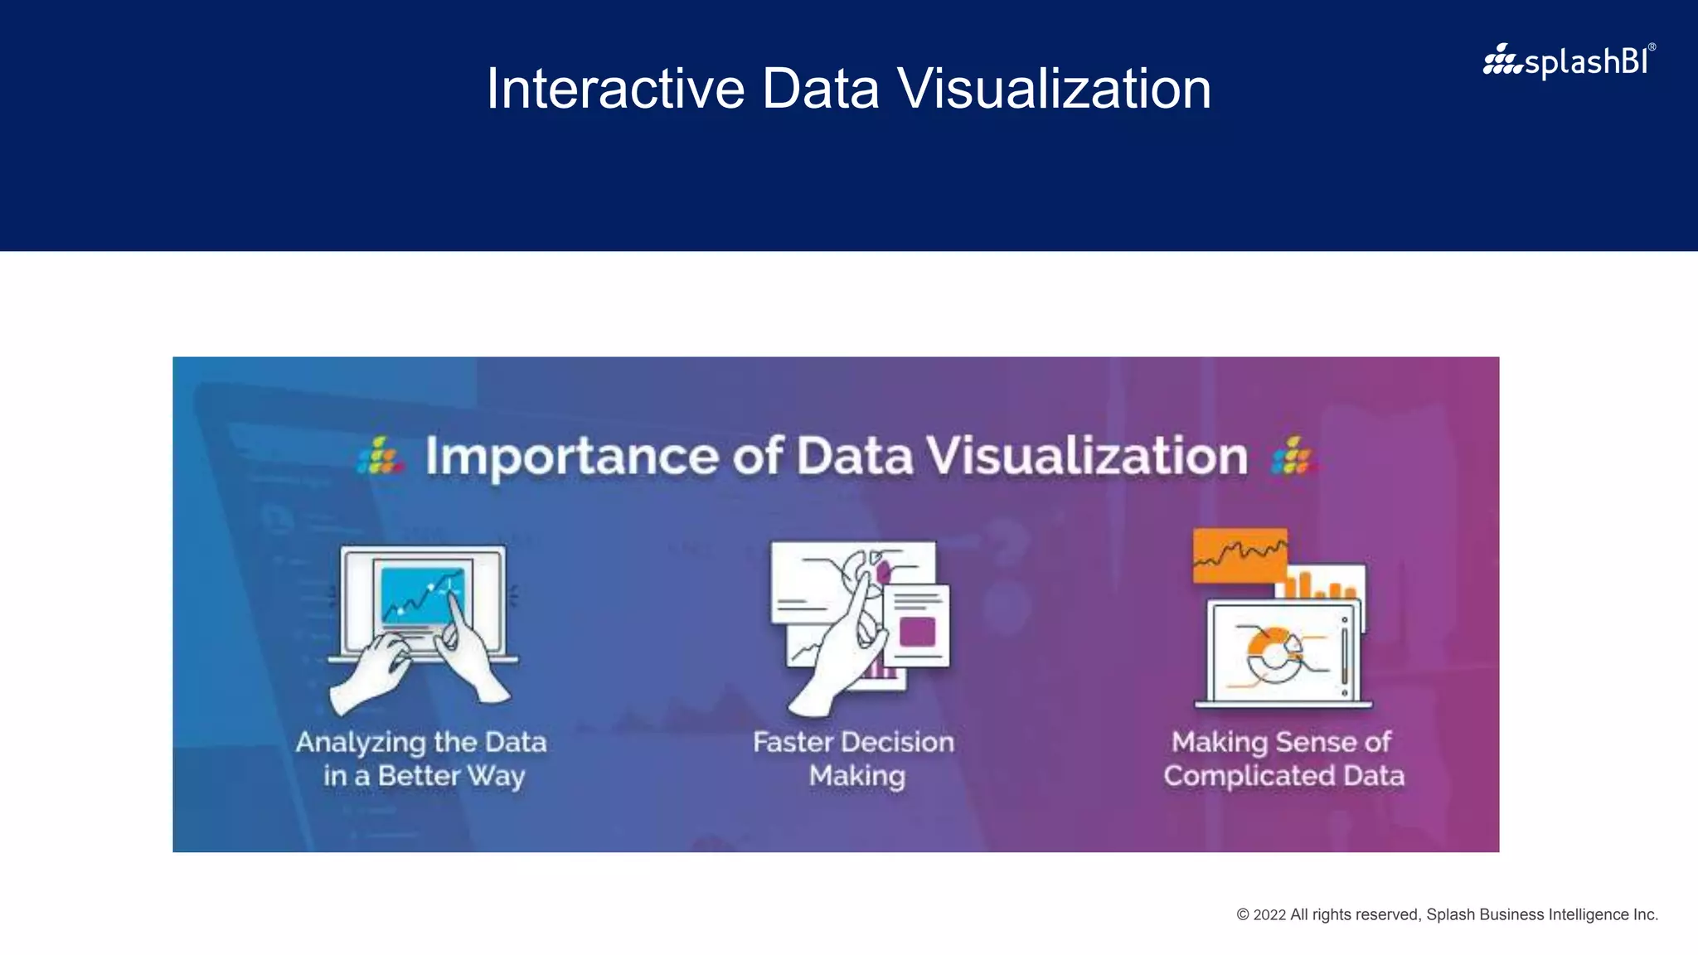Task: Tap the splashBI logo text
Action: pyautogui.click(x=1584, y=62)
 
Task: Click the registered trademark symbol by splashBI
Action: pyautogui.click(x=1652, y=47)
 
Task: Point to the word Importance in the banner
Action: pyautogui.click(x=572, y=456)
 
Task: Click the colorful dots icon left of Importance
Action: pyautogui.click(x=381, y=457)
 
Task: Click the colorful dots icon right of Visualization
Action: pyautogui.click(x=1293, y=457)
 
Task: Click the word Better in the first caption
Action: pyautogui.click(x=419, y=776)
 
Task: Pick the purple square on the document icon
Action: pyautogui.click(x=917, y=632)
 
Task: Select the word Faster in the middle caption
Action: pyautogui.click(x=793, y=742)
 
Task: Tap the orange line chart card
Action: pyautogui.click(x=1240, y=554)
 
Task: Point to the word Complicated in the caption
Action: pyautogui.click(x=1249, y=776)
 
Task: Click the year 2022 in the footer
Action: pyautogui.click(x=1269, y=915)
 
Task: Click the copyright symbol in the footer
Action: pyautogui.click(x=1243, y=915)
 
